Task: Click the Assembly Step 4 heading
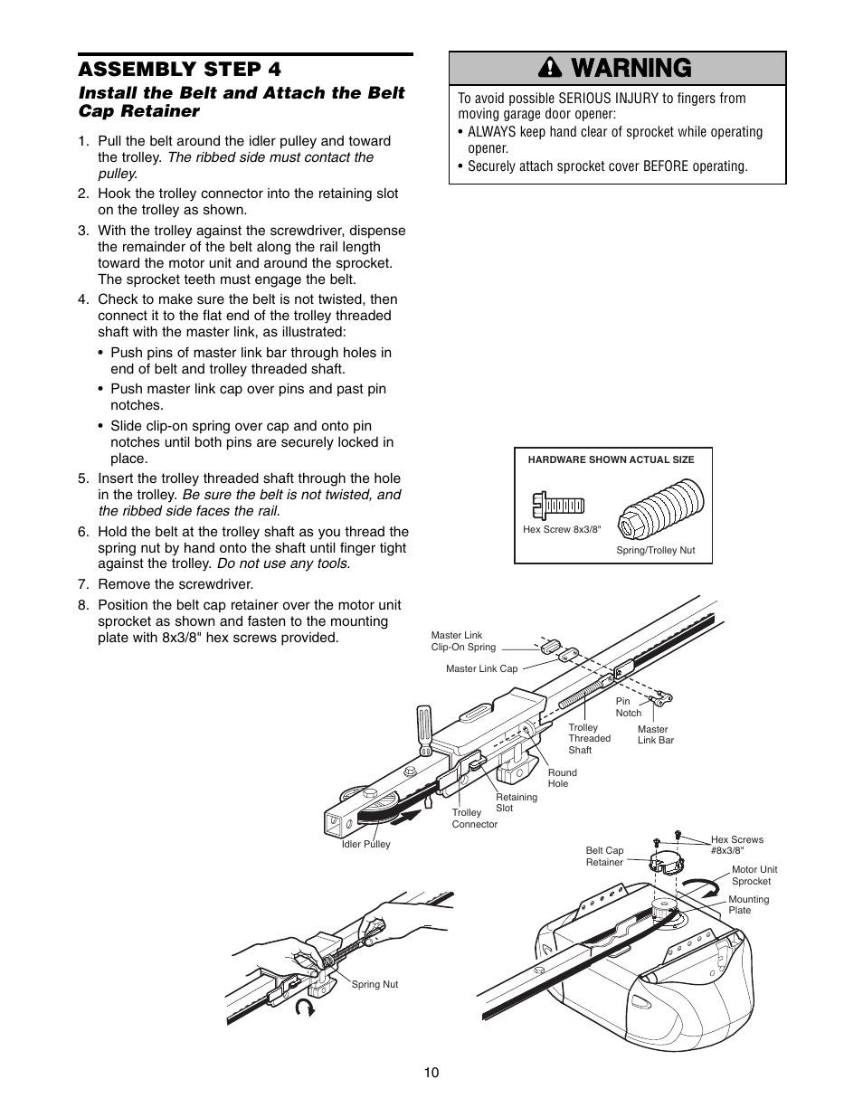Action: [x=179, y=70]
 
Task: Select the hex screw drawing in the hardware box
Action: [x=558, y=505]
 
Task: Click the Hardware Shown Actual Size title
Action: [x=611, y=459]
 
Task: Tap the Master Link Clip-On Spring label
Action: [x=463, y=641]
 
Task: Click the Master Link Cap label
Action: [x=481, y=669]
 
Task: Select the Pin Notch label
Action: [x=629, y=707]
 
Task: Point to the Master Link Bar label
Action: [x=655, y=734]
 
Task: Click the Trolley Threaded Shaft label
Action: [x=589, y=738]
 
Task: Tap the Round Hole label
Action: [x=562, y=778]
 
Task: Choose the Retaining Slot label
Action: [x=516, y=802]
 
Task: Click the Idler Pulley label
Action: [x=365, y=844]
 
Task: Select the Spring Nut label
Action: [x=375, y=984]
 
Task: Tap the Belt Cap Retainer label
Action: [x=604, y=857]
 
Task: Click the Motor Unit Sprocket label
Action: [x=754, y=875]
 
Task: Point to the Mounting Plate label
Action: [x=748, y=904]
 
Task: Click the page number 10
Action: [x=431, y=1073]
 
